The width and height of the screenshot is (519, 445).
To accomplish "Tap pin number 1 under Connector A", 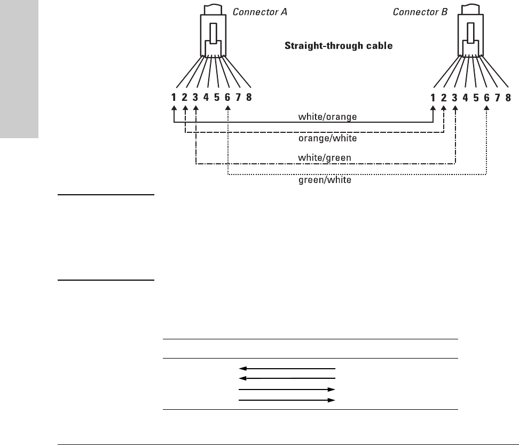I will (174, 98).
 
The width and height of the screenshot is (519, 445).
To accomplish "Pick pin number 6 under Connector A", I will (228, 98).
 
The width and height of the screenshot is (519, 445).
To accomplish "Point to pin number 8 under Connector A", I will (249, 98).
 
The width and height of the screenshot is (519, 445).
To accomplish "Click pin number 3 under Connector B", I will (454, 98).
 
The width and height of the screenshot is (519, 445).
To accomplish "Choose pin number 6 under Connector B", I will (486, 98).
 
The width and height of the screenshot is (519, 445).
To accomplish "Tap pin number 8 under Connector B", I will (508, 98).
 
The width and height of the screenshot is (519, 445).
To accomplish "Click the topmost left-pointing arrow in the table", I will (287, 368).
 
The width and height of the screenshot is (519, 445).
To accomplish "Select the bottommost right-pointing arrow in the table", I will (287, 399).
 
